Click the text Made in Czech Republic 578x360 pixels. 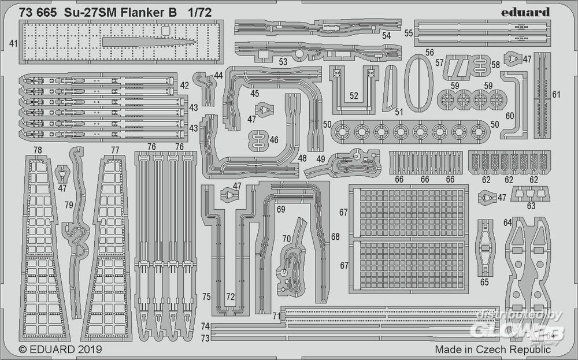coord(492,349)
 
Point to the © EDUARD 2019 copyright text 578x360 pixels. coord(60,349)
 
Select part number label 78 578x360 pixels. coord(38,150)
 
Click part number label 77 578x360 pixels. coord(114,150)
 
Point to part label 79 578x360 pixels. coord(69,205)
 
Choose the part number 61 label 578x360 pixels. coord(556,94)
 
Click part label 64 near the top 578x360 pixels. coord(507,222)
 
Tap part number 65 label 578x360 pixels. coord(484,281)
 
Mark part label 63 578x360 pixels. coord(531,206)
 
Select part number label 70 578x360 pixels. coord(287,238)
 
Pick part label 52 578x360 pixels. coord(354,96)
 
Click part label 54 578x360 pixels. coord(386,35)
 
